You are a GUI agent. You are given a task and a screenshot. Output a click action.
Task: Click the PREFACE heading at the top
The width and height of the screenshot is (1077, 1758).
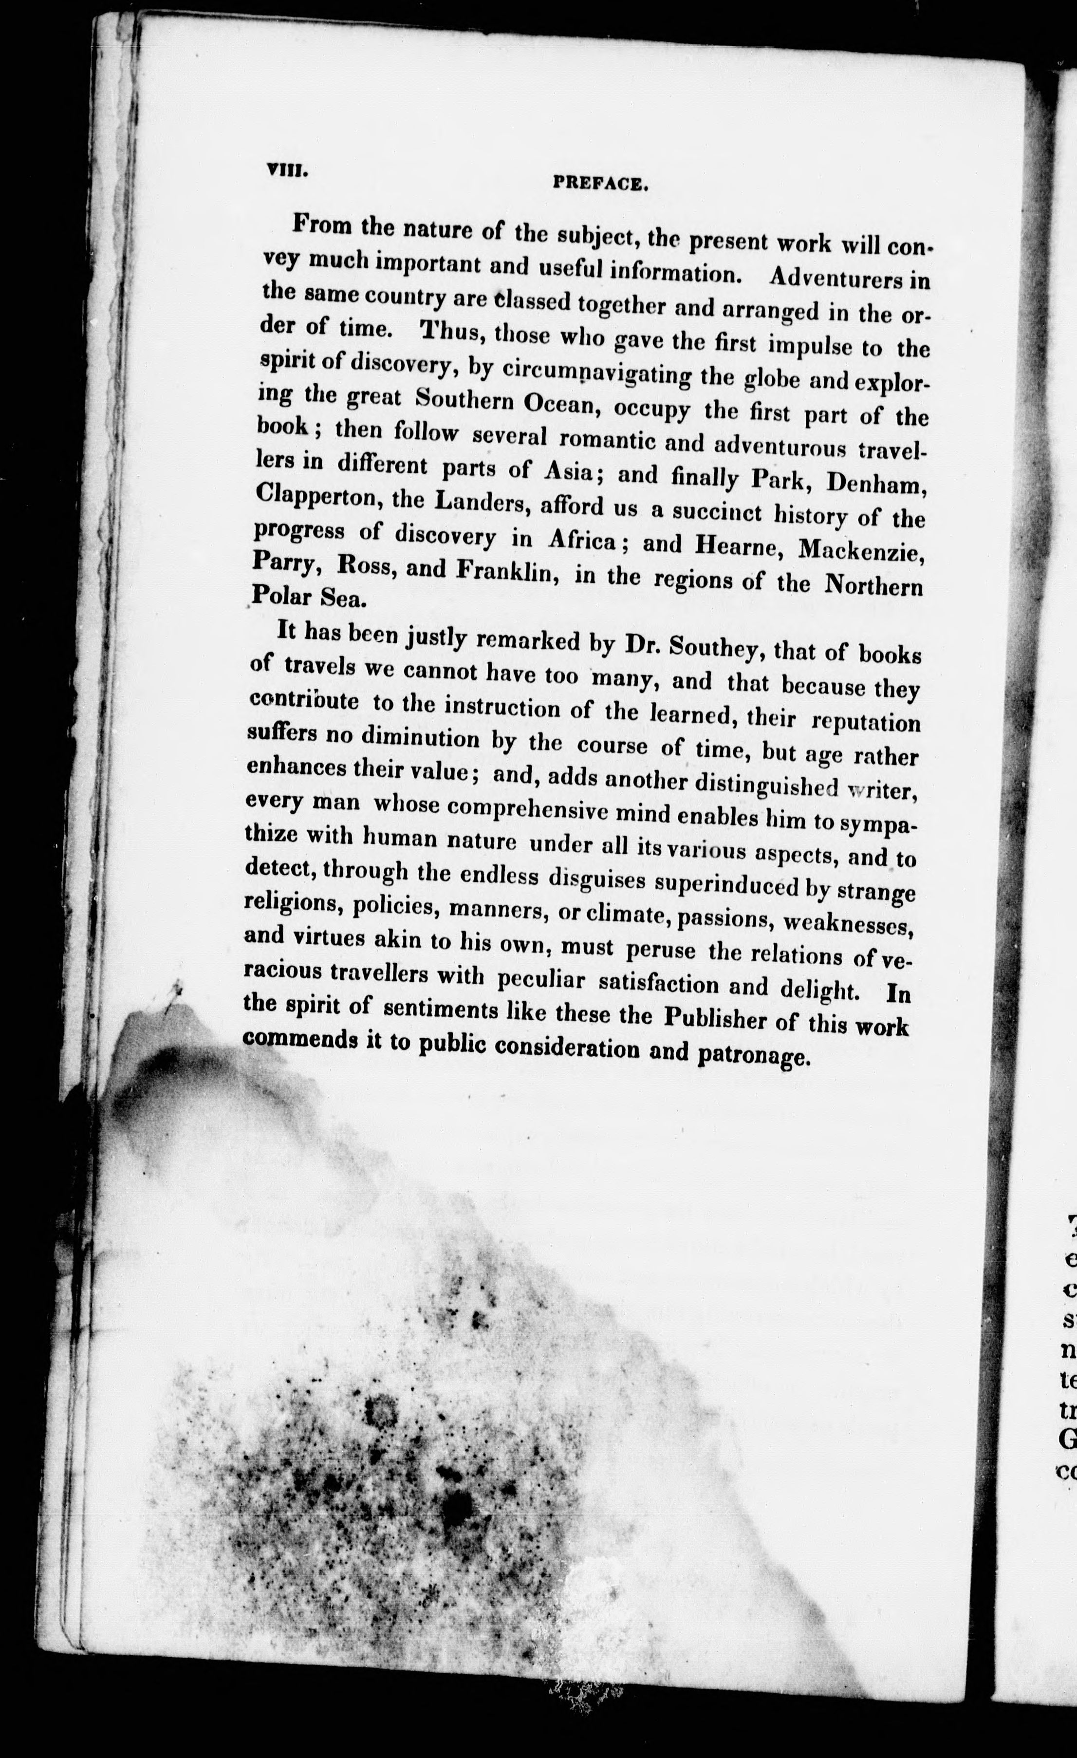[600, 184]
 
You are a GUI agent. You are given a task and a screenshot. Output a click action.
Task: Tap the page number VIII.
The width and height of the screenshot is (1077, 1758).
[286, 171]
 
